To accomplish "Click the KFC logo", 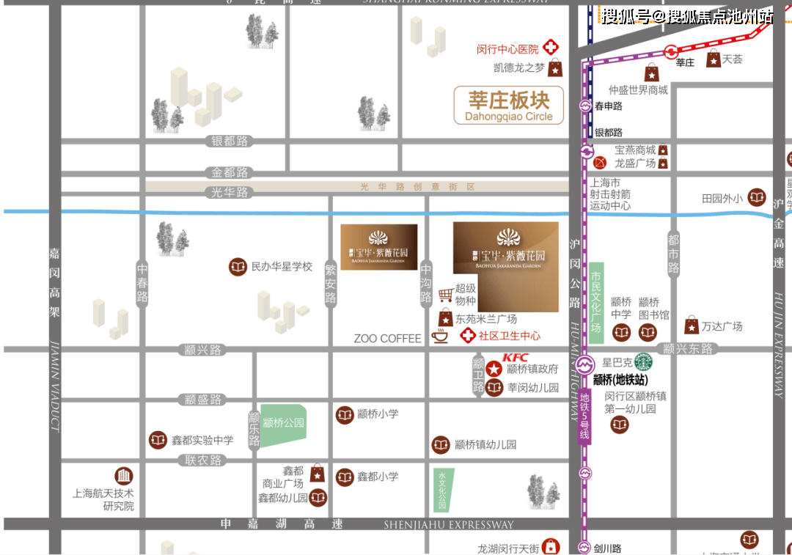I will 516,357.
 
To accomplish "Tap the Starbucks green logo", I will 643,362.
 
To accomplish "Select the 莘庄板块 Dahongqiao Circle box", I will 509,106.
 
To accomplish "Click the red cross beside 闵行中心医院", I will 550,48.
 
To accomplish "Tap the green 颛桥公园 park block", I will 283,424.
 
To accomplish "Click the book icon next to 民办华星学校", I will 238,267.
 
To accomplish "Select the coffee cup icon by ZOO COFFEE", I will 440,337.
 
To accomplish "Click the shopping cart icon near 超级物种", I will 445,295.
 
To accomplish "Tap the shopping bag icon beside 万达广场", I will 692,326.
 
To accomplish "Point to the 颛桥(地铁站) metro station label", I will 620,380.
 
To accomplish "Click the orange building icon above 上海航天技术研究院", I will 124,476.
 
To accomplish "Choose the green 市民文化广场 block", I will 597,301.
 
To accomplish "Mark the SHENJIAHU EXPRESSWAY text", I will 449,525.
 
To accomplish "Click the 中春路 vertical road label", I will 142,283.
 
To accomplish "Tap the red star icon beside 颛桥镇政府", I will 494,369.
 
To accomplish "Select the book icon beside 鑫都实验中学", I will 158,440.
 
